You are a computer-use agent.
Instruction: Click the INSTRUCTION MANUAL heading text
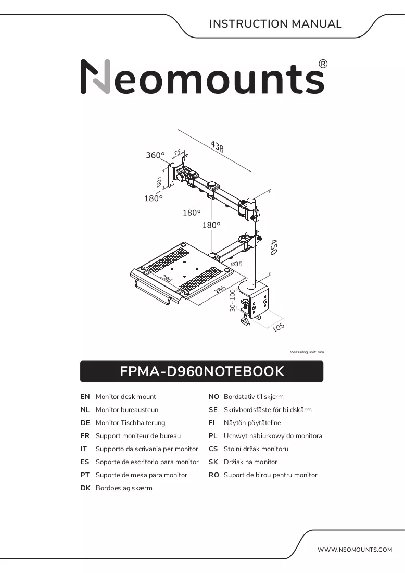click(x=275, y=24)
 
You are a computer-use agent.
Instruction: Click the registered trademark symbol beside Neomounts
click(x=323, y=64)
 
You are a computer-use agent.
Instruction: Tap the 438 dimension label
click(x=217, y=146)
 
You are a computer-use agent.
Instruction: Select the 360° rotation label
click(x=155, y=155)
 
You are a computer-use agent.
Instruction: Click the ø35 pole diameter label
click(x=237, y=264)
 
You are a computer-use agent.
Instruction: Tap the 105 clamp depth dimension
click(x=279, y=327)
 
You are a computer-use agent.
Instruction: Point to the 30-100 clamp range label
click(x=233, y=301)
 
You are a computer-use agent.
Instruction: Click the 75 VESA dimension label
click(x=177, y=153)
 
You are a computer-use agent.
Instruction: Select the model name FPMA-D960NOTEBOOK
click(x=202, y=371)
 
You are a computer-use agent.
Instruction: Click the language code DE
click(x=85, y=423)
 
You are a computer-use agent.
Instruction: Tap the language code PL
click(x=213, y=436)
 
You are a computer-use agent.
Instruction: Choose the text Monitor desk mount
click(x=125, y=397)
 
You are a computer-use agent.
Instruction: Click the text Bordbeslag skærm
click(x=124, y=488)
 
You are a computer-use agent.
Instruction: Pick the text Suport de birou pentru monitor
click(x=270, y=475)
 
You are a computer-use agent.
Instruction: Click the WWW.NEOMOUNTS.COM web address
click(x=355, y=550)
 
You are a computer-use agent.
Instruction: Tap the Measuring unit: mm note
click(x=307, y=352)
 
